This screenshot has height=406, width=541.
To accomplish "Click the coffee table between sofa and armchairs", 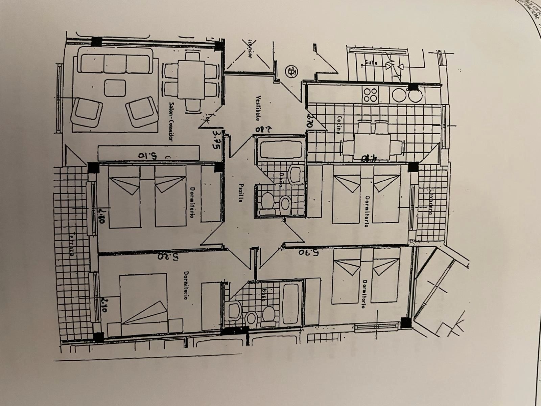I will (x=115, y=88).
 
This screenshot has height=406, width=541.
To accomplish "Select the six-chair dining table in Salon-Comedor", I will (x=191, y=80).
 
